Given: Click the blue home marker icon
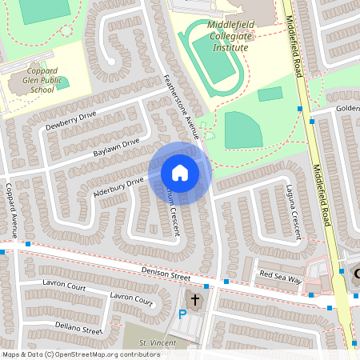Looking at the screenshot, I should [180, 172].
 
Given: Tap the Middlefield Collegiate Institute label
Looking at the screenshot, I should [218, 37].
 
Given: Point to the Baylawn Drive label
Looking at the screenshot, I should [116, 147].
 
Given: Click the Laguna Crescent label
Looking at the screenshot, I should [294, 210].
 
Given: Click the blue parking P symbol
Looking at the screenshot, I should [182, 315].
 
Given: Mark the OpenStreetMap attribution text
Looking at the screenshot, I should [81, 354].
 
